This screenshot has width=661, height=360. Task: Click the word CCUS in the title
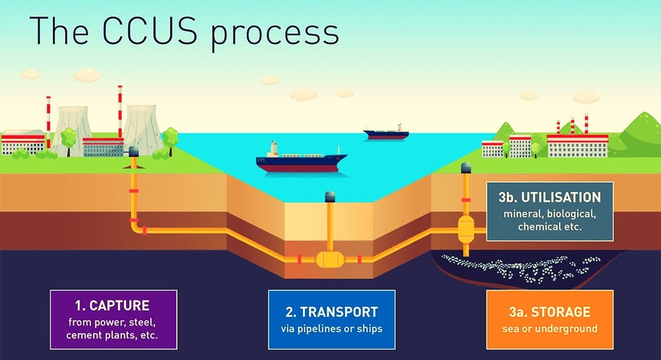pyautogui.click(x=154, y=32)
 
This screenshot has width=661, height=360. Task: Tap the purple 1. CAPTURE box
pyautogui.click(x=114, y=319)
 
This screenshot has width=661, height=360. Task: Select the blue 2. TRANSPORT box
pyautogui.click(x=331, y=319)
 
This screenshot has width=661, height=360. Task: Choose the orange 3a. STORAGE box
pyautogui.click(x=548, y=319)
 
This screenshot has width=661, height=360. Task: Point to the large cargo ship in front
pyautogui.click(x=302, y=160)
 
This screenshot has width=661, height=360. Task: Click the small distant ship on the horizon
pyautogui.click(x=387, y=133)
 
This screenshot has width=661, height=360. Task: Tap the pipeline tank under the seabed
pyautogui.click(x=329, y=260)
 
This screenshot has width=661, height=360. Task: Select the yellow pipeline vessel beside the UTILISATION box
pyautogui.click(x=466, y=226)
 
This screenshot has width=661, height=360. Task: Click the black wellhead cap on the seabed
pyautogui.click(x=330, y=198)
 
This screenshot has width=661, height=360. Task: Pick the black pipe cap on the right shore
pyautogui.click(x=466, y=167)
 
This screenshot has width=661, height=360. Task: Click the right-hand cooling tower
pyautogui.click(x=141, y=124)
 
